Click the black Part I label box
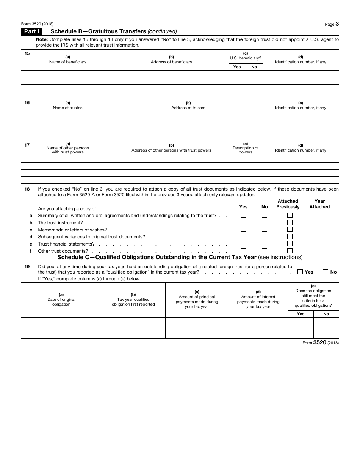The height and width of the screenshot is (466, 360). [32, 32]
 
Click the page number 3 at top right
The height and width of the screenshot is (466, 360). [337, 24]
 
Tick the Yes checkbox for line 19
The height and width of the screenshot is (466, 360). [300, 272]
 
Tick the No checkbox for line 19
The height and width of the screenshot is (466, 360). [325, 272]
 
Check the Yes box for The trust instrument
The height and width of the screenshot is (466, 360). [243, 222]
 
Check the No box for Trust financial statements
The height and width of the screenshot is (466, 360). [265, 244]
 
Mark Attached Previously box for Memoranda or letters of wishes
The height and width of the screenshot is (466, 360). [290, 230]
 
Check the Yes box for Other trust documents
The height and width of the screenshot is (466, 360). [243, 250]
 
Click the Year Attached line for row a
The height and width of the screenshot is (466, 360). [319, 216]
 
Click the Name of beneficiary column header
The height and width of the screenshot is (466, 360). [67, 59]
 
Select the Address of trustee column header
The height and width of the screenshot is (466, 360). [188, 105]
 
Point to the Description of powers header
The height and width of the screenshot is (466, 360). [246, 148]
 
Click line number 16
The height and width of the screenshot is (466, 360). [27, 103]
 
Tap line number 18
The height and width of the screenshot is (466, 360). [27, 189]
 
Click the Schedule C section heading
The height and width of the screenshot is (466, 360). [180, 258]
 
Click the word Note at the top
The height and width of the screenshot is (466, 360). [42, 39]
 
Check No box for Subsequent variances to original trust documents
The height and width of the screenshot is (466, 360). [265, 236]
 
